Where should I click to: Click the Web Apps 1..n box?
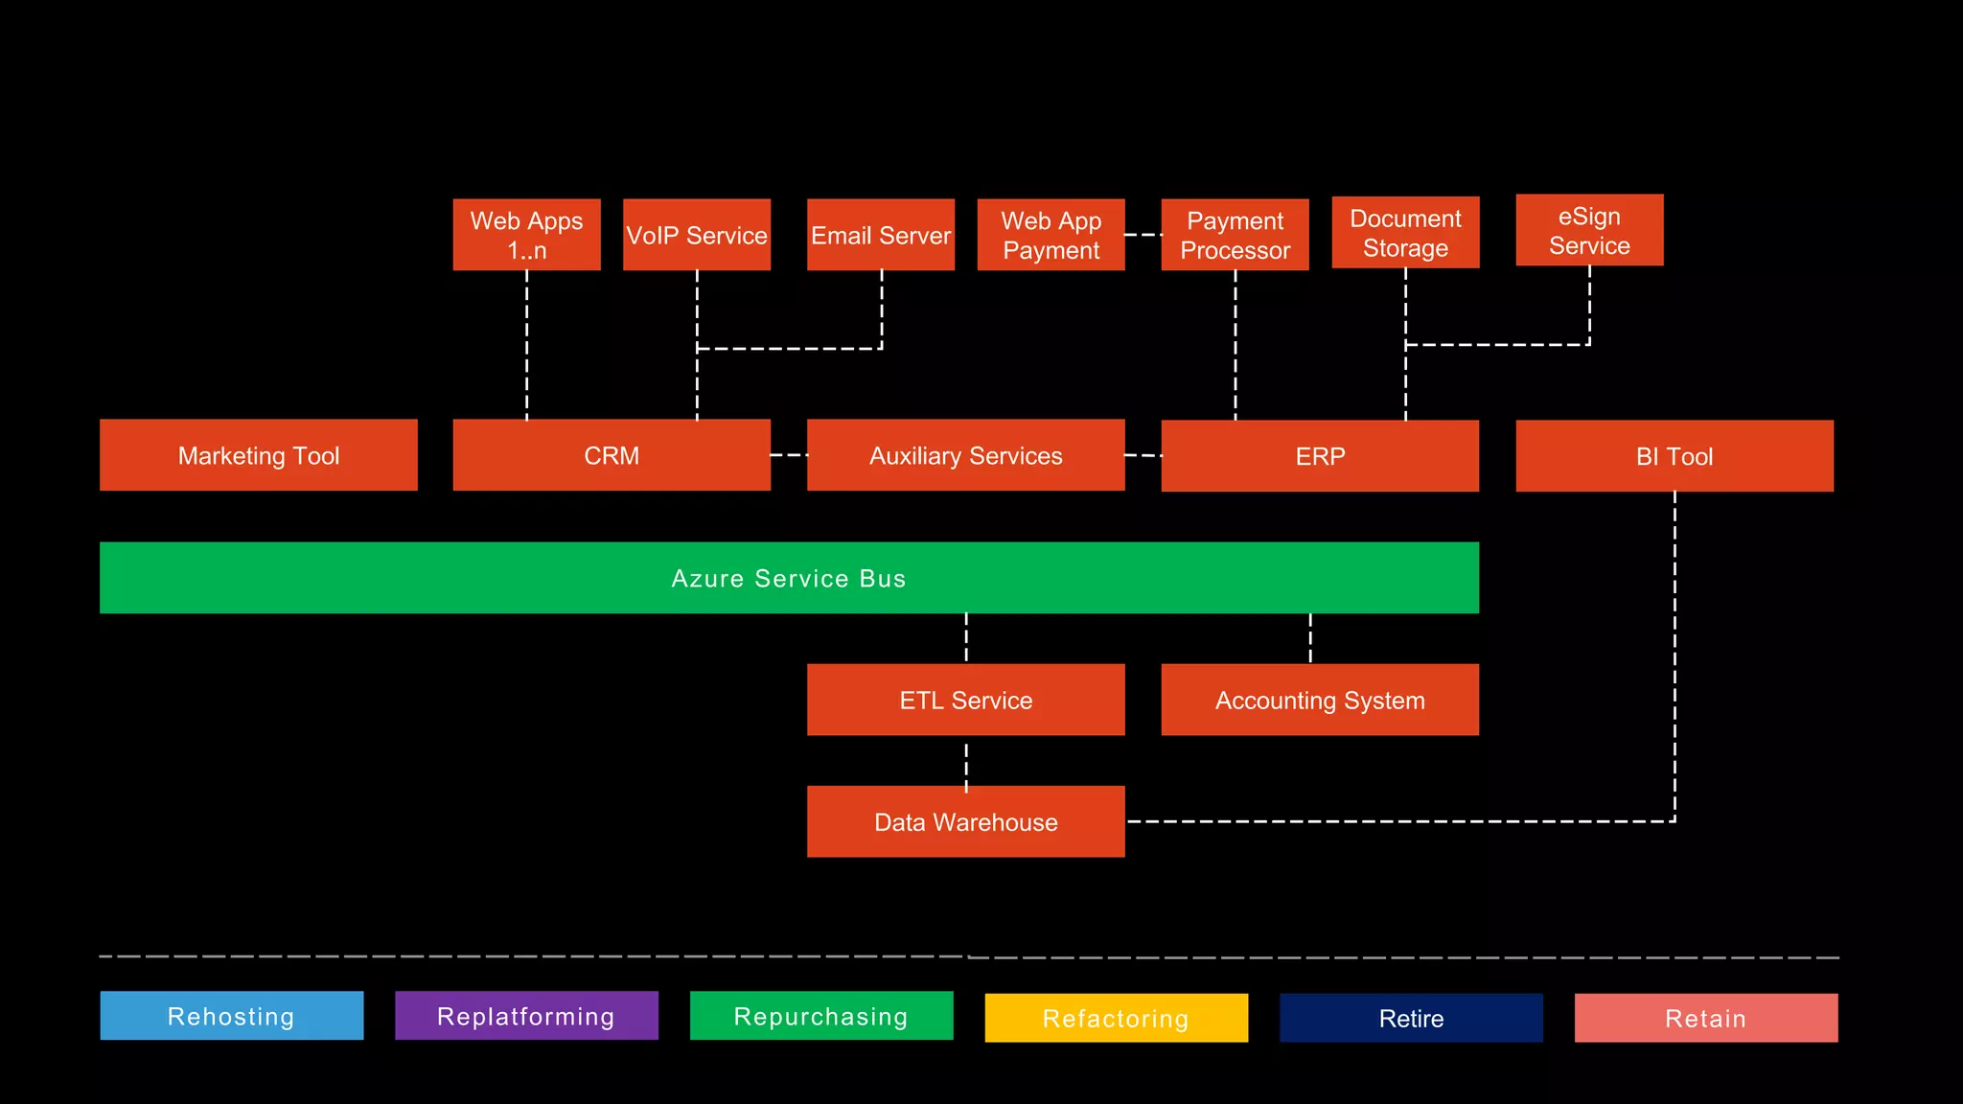click(x=526, y=235)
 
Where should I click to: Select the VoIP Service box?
click(x=697, y=235)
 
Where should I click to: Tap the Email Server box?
click(x=881, y=235)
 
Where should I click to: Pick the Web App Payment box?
click(x=1051, y=235)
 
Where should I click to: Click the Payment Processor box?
click(x=1235, y=235)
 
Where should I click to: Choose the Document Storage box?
click(x=1405, y=233)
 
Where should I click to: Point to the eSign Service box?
click(x=1589, y=230)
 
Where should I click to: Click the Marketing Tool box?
click(x=259, y=455)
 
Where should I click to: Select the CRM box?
click(x=612, y=455)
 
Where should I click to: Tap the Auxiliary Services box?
click(x=965, y=455)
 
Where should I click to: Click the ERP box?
click(x=1320, y=456)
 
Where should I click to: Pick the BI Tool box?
click(x=1674, y=456)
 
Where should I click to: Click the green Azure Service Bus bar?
click(x=789, y=578)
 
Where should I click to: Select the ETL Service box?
click(x=965, y=700)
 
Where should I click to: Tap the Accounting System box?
click(x=1320, y=700)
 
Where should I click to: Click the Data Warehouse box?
click(x=965, y=821)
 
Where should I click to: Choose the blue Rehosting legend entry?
click(x=232, y=1016)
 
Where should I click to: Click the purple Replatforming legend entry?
click(x=526, y=1016)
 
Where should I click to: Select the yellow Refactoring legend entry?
click(x=1116, y=1018)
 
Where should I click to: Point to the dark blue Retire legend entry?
click(x=1411, y=1018)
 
